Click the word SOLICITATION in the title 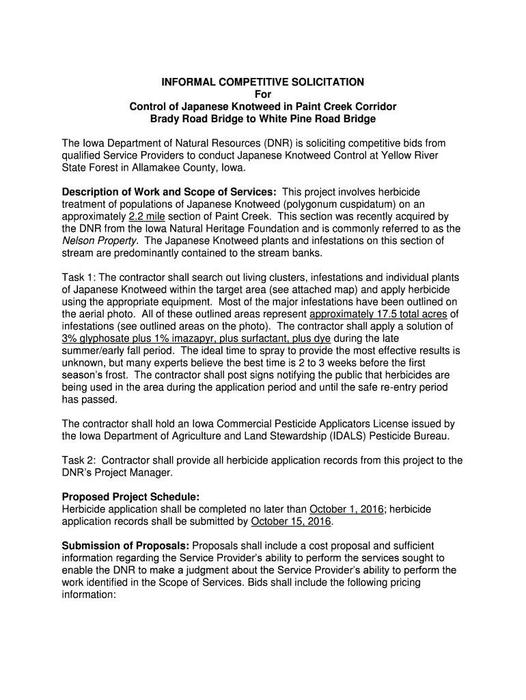(326, 82)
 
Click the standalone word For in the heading (262, 94)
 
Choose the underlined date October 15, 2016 (291, 522)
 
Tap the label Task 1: (80, 277)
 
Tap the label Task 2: (80, 460)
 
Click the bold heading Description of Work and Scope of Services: (169, 192)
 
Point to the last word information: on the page (89, 595)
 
